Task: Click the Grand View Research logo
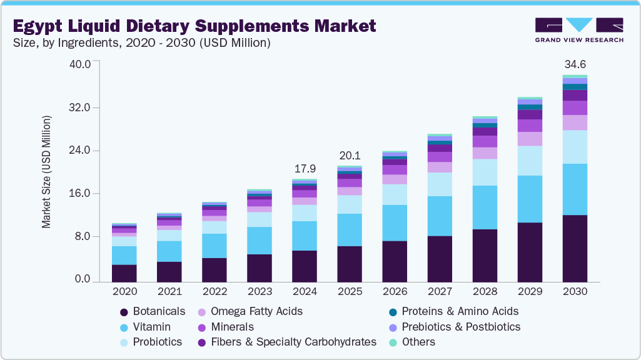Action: pos(578,29)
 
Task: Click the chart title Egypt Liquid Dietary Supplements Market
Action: pos(194,26)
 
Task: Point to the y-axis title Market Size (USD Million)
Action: pos(47,171)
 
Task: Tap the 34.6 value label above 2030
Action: pos(575,64)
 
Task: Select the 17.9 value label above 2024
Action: pos(305,169)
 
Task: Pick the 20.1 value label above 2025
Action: pos(350,156)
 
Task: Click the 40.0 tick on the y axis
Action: pos(83,64)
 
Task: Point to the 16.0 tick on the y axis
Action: pos(83,194)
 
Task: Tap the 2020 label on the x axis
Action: pos(124,291)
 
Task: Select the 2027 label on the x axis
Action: pos(440,291)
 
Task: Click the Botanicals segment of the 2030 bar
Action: pos(575,249)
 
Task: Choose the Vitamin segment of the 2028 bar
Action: pos(485,207)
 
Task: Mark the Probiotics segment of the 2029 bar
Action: pos(530,161)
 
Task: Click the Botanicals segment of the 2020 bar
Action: pos(124,274)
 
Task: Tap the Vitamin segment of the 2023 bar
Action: pos(260,241)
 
